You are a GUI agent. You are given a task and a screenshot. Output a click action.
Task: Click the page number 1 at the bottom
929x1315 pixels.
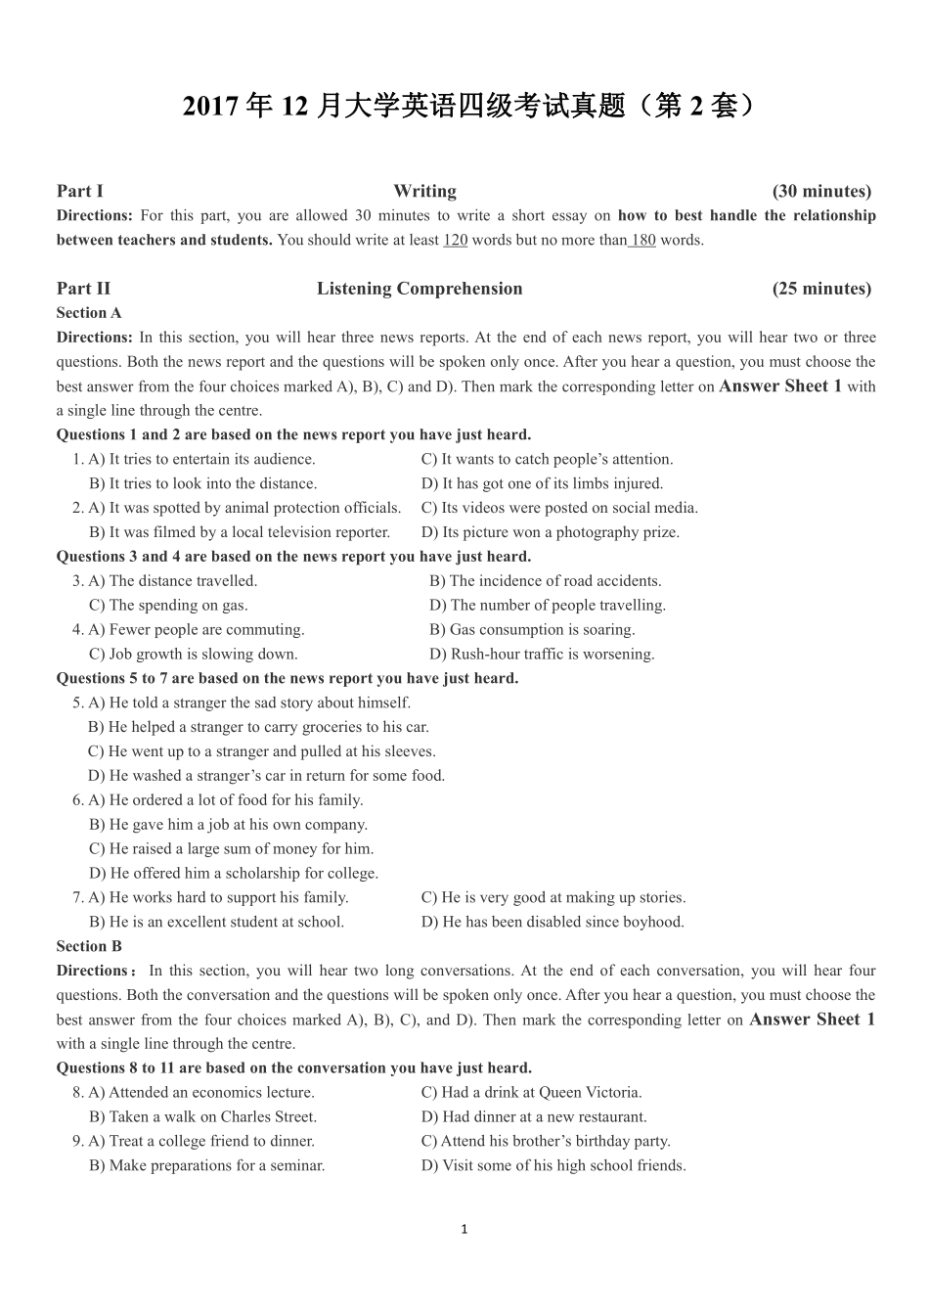pos(464,1229)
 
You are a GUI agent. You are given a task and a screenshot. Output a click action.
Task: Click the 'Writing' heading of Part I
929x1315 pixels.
pos(424,191)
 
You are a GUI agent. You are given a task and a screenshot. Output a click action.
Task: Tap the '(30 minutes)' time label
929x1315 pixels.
pos(821,191)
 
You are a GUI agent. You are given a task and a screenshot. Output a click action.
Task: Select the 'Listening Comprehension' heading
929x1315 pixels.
pos(420,289)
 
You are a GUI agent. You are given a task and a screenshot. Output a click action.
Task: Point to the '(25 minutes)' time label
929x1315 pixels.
pos(821,289)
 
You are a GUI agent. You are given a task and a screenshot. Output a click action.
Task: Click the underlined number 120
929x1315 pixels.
pos(455,240)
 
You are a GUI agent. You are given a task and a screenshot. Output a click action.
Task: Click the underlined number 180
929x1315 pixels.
pos(641,240)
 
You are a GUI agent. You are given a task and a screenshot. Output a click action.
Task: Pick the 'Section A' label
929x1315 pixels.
pos(89,313)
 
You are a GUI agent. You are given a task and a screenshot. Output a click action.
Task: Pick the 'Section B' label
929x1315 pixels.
pos(89,946)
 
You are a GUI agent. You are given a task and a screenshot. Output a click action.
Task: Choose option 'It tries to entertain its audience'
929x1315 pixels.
pos(211,459)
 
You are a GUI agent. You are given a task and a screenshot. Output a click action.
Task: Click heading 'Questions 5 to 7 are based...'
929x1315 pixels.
pos(288,678)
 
